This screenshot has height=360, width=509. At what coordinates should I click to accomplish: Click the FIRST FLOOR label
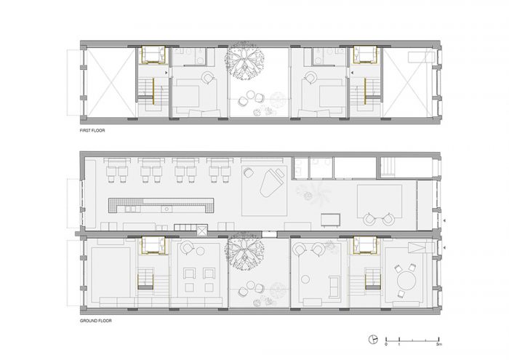(92, 130)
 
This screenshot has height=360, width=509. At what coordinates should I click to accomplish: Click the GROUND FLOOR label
(96, 321)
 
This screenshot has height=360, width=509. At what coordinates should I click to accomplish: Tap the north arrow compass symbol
(373, 339)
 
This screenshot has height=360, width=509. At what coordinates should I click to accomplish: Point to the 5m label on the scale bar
(439, 344)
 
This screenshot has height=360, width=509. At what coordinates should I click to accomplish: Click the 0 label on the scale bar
(386, 344)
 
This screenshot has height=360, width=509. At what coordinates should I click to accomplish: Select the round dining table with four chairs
(406, 281)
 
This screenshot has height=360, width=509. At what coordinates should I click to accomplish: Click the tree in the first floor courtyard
(244, 61)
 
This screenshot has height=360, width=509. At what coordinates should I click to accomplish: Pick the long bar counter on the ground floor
(161, 205)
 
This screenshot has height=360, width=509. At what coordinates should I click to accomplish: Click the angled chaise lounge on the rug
(273, 183)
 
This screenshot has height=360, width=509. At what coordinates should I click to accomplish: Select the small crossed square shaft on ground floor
(202, 230)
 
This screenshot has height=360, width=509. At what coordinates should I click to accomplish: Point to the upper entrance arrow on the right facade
(444, 220)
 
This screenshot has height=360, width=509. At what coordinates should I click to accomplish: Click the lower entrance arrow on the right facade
(444, 248)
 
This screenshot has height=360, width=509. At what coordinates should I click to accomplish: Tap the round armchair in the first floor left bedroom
(207, 79)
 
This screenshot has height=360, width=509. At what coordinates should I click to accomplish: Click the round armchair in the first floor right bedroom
(310, 78)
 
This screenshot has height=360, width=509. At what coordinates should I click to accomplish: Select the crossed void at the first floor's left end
(111, 83)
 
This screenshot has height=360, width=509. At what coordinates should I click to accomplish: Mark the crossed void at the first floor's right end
(408, 83)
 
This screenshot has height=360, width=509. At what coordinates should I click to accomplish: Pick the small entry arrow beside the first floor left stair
(167, 73)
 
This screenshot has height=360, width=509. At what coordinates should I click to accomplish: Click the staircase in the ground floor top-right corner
(388, 167)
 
